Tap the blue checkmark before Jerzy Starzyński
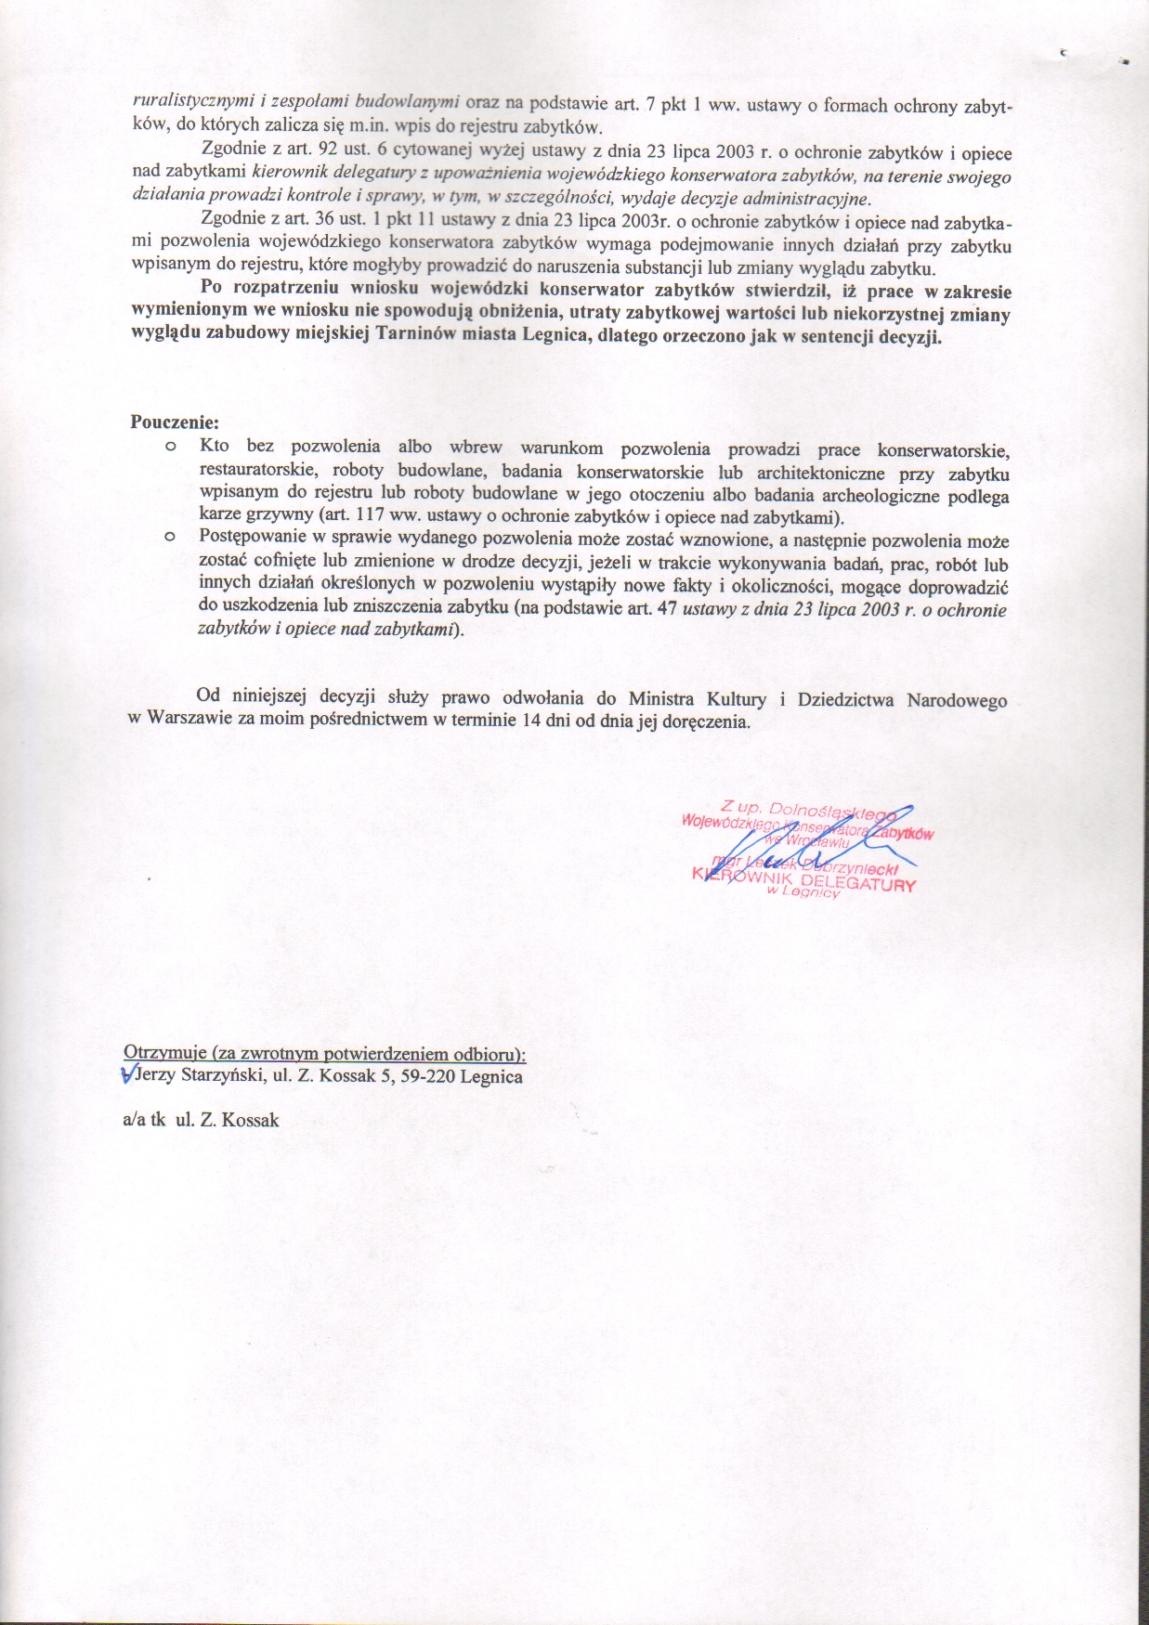[128, 1075]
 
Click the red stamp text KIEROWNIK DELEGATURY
[804, 880]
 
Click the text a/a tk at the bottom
[144, 1120]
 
